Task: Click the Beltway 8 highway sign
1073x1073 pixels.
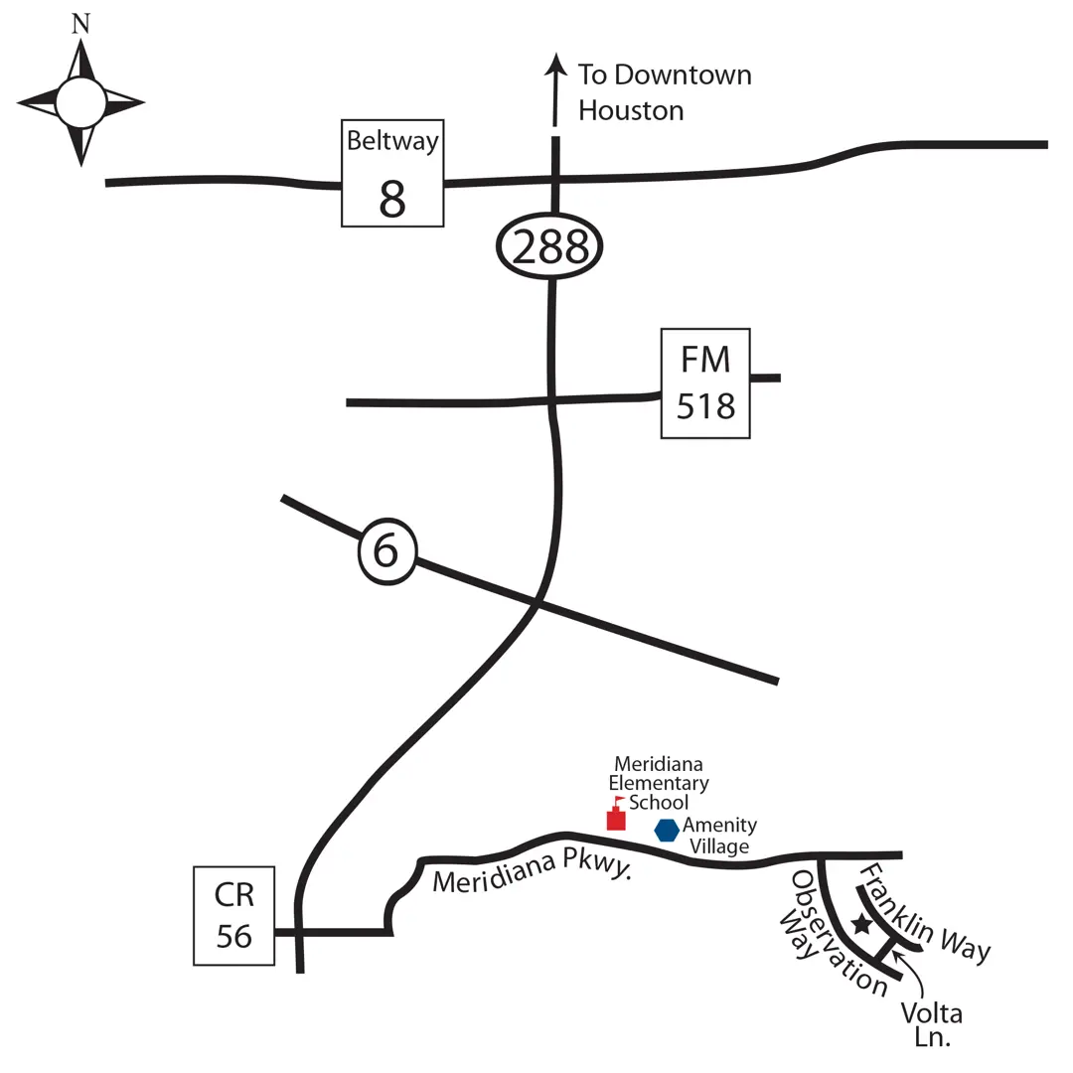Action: pyautogui.click(x=392, y=174)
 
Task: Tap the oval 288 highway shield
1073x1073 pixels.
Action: pyautogui.click(x=550, y=247)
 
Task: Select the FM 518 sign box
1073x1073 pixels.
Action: pyautogui.click(x=705, y=383)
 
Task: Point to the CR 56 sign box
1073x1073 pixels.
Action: pyautogui.click(x=233, y=915)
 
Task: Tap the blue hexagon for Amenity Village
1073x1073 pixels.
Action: pyautogui.click(x=667, y=830)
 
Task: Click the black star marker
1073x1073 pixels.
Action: pyautogui.click(x=861, y=925)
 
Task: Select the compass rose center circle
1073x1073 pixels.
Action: pyautogui.click(x=80, y=103)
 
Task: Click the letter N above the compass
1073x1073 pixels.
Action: pyautogui.click(x=80, y=25)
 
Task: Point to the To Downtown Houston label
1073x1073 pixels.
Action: pyautogui.click(x=664, y=91)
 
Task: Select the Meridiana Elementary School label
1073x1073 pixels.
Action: pyautogui.click(x=658, y=783)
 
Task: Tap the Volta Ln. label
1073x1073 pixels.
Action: pyautogui.click(x=932, y=1025)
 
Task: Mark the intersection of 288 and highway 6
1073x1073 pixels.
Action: pyautogui.click(x=537, y=603)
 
